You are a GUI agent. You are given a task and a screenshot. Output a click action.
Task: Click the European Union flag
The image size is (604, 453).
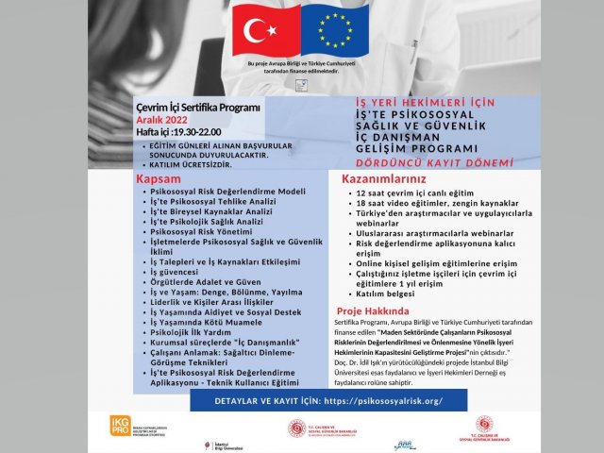[335, 30]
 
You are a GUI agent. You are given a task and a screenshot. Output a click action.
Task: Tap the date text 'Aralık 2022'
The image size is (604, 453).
[164, 120]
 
